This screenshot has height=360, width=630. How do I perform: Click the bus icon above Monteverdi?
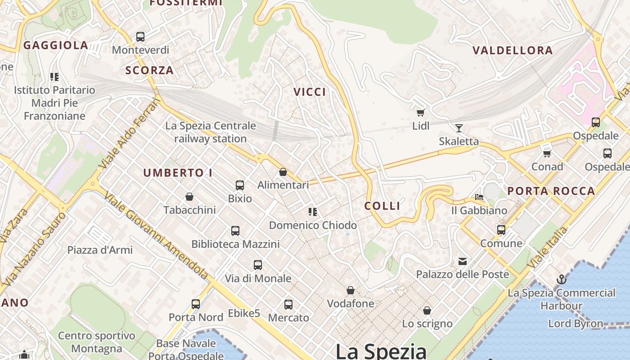pos(140,37)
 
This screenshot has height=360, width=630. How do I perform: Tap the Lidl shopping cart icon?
pos(420,112)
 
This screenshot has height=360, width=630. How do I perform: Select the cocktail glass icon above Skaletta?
pos(459,128)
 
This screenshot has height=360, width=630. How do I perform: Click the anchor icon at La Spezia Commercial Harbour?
pos(561,279)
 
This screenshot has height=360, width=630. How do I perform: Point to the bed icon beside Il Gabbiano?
pos(479,197)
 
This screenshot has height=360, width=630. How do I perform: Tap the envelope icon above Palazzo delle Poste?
pos(462,261)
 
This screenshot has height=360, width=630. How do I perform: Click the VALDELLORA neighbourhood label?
pos(513,50)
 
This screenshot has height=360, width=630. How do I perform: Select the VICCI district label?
pos(310,92)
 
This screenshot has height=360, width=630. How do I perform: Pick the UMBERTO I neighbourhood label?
pos(178,173)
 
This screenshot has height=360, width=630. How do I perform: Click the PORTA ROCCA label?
pos(551,191)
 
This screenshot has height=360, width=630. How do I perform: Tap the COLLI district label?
pos(382,206)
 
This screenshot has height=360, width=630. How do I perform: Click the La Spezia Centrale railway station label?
pos(210,132)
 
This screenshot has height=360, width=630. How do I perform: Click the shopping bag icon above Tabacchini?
pos(189,197)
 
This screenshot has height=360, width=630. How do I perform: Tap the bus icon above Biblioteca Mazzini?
pos(235,231)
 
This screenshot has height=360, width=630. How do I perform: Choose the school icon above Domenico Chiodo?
pos(313,212)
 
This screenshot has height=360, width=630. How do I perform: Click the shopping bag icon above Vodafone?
pos(350,291)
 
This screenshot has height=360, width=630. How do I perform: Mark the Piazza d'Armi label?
pos(100,250)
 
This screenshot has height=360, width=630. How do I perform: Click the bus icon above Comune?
pos(501,230)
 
